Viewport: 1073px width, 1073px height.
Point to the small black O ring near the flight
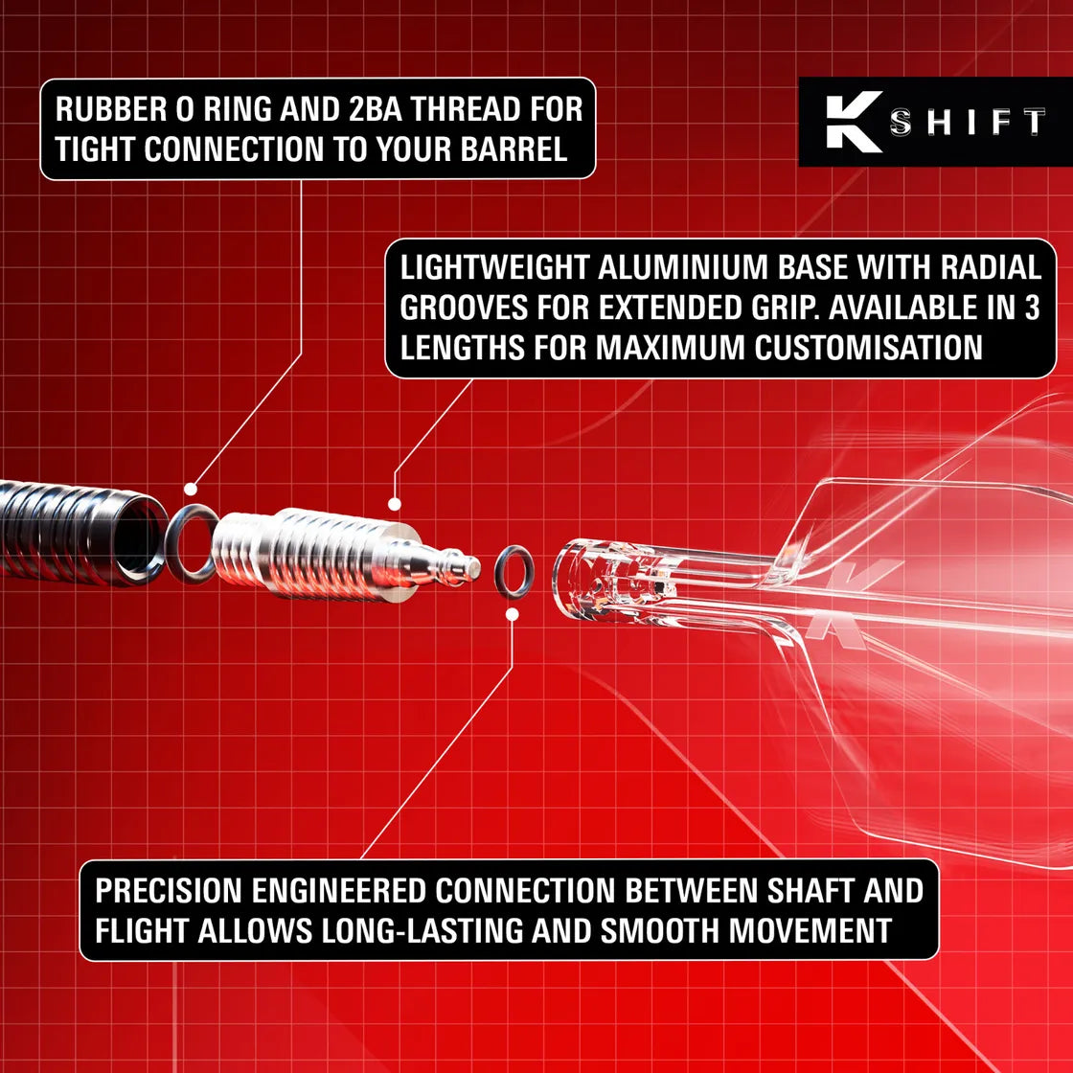coord(514,571)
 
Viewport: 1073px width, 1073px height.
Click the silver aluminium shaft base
coord(316,556)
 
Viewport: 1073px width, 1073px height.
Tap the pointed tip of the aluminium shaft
coord(472,567)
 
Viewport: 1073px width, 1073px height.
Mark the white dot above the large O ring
coord(191,489)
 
